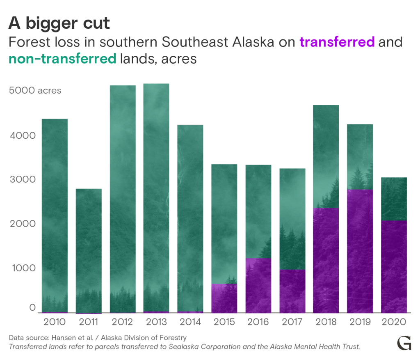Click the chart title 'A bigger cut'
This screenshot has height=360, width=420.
click(59, 24)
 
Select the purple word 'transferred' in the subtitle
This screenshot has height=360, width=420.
click(337, 42)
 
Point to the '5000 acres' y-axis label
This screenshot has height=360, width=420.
click(35, 91)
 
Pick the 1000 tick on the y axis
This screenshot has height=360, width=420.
click(23, 269)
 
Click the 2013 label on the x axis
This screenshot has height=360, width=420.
click(156, 321)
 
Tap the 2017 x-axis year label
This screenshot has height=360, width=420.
click(292, 321)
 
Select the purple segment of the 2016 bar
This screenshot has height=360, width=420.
click(258, 286)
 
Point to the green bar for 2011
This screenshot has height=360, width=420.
click(88, 250)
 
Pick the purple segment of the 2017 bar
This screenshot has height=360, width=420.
click(292, 291)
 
